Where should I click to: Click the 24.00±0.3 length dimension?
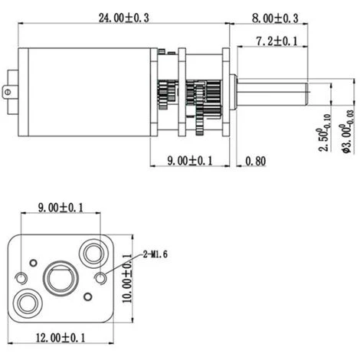point(124,18)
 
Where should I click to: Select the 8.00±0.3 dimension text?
point(275,18)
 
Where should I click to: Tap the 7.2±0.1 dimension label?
point(277,41)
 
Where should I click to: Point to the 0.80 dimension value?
point(256,161)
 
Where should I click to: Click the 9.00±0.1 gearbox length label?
point(190,161)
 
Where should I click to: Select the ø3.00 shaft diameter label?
point(348,132)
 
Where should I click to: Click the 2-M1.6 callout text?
point(155,254)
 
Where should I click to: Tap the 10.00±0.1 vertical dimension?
point(127,279)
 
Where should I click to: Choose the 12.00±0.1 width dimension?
point(61,338)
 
